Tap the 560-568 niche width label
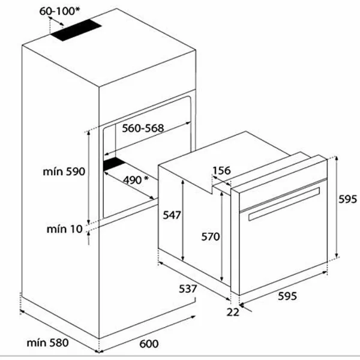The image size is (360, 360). (x=143, y=128)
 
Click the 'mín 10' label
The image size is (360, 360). (x=65, y=229)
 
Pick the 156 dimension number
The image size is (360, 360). (x=221, y=171)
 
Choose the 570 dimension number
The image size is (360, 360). (x=210, y=236)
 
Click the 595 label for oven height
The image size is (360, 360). (x=347, y=199)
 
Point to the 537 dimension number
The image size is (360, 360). (x=188, y=289)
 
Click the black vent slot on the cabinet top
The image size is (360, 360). (x=79, y=32)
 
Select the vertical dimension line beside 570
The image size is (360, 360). (x=223, y=236)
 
